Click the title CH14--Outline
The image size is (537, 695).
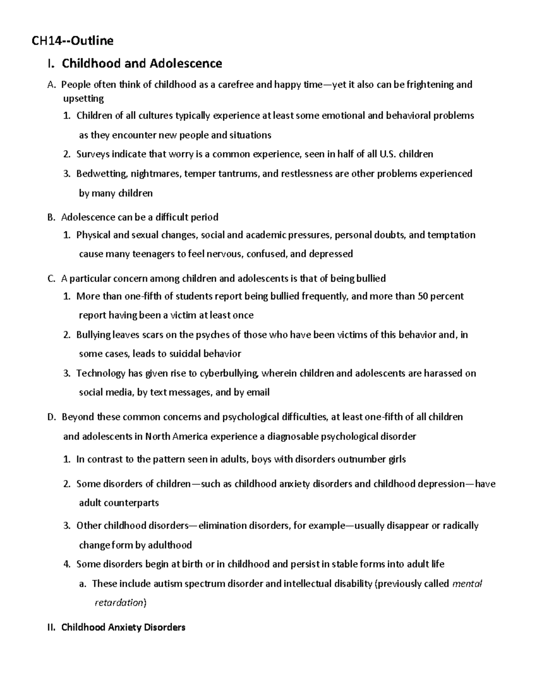click(72, 41)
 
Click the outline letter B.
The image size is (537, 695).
click(50, 217)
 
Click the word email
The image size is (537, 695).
click(258, 392)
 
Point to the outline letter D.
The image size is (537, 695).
click(51, 417)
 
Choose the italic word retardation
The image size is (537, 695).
click(119, 603)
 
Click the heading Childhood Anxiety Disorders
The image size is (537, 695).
click(123, 627)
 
